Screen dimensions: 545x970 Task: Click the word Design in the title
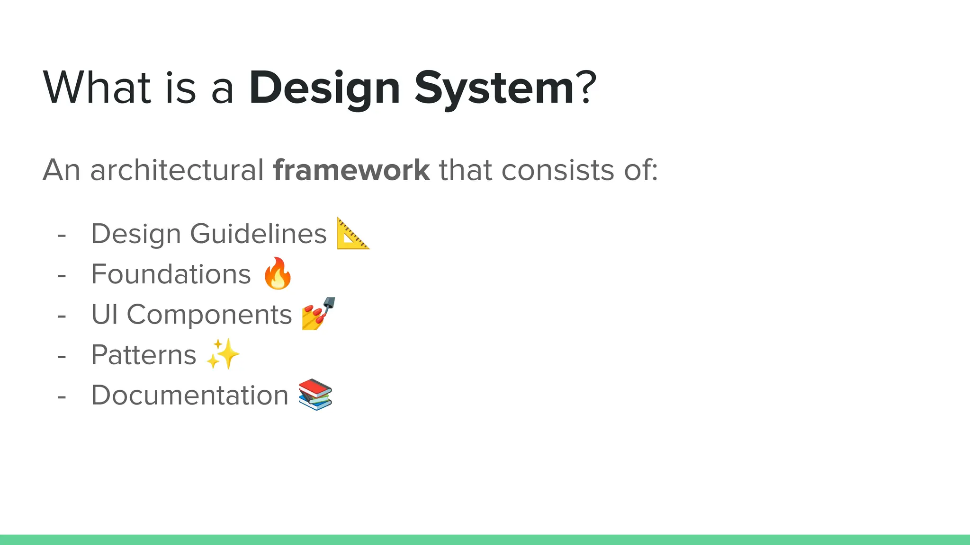tap(324, 88)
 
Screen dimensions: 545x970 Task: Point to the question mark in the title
tap(586, 87)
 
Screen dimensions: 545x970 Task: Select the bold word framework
tap(351, 170)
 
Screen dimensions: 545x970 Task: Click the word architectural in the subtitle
tap(177, 170)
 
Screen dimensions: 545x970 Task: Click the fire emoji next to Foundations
tap(278, 273)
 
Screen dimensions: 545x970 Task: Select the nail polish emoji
tap(318, 313)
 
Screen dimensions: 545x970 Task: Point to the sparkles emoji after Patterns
tap(223, 354)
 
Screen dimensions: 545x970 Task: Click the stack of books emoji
tap(315, 394)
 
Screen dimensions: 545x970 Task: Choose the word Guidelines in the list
tap(258, 234)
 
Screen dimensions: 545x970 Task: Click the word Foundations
tap(171, 274)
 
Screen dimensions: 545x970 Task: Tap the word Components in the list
tap(209, 315)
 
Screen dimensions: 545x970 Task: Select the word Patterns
tap(144, 355)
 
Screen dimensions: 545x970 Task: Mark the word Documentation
tap(189, 395)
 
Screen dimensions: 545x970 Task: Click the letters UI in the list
tap(104, 314)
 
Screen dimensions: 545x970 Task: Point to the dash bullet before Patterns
tap(62, 356)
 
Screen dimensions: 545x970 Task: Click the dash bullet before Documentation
tap(62, 396)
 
